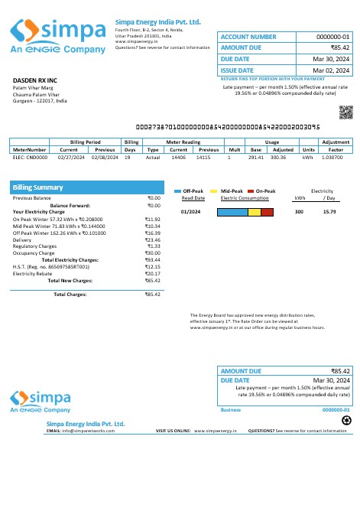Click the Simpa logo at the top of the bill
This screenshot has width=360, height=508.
tap(57, 35)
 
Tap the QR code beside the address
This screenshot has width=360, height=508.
tap(345, 111)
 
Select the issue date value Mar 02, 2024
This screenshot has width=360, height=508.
tap(332, 70)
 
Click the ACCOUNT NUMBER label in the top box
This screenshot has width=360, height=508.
tap(248, 37)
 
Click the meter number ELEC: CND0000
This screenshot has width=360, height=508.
tap(30, 157)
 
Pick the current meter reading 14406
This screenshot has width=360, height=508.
tap(178, 157)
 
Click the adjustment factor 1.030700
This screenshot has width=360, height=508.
tap(333, 157)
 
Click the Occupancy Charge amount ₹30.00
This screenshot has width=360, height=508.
tap(153, 253)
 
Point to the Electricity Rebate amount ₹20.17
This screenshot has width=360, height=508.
tap(153, 273)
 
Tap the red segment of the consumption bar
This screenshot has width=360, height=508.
tap(268, 211)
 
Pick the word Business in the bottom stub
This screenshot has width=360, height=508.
tap(230, 410)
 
